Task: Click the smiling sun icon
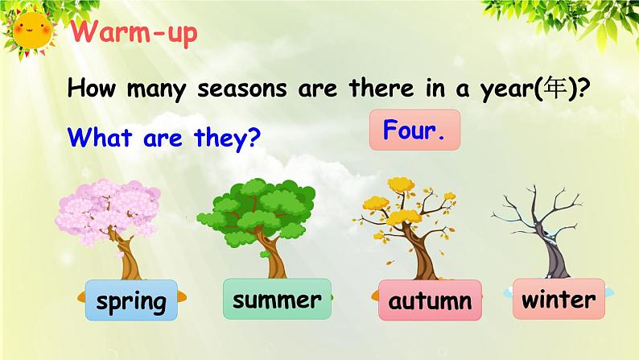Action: point(32,31)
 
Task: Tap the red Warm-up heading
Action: point(134,32)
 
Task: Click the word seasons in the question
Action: point(242,89)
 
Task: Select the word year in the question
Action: point(506,89)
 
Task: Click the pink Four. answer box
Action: point(414,130)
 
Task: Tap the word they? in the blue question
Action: point(228,138)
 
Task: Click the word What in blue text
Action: point(101,136)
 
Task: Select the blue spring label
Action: point(131,300)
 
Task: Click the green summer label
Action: point(277,299)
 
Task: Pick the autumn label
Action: point(430,300)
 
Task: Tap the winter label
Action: point(559,299)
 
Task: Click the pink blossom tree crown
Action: point(107,211)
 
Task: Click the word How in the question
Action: point(91,88)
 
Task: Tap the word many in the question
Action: point(156,89)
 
